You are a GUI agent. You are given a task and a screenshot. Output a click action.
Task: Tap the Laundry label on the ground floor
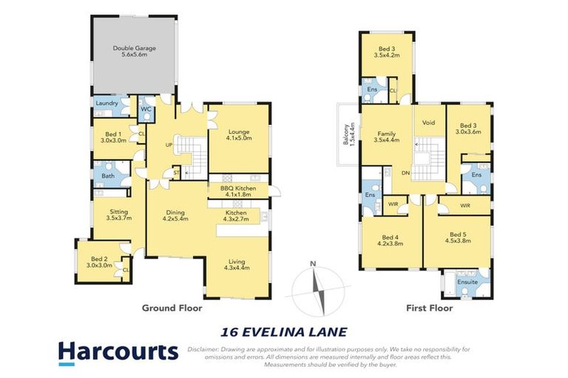[x=107, y=103]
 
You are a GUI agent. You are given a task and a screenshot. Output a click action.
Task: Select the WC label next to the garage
[x=146, y=110]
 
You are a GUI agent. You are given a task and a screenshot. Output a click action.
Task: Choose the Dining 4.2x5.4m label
[x=176, y=215]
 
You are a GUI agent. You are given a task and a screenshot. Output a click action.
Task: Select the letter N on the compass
[x=314, y=264]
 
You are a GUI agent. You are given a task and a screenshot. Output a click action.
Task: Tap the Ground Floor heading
[x=172, y=308]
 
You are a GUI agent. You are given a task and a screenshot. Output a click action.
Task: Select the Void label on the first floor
[x=427, y=123]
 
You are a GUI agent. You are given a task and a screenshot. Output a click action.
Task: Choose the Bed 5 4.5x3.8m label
[x=458, y=236]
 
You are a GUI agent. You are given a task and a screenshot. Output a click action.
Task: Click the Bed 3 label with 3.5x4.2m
[x=387, y=51]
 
